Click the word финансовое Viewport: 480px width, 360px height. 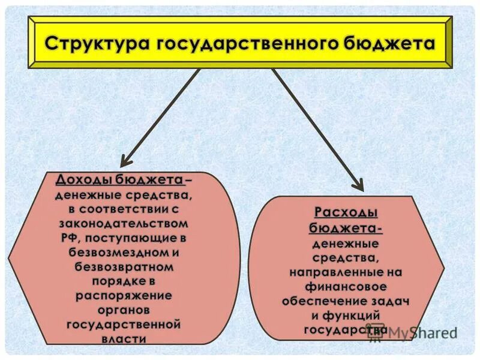click(346, 286)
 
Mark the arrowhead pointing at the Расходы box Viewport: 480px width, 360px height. click(358, 184)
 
